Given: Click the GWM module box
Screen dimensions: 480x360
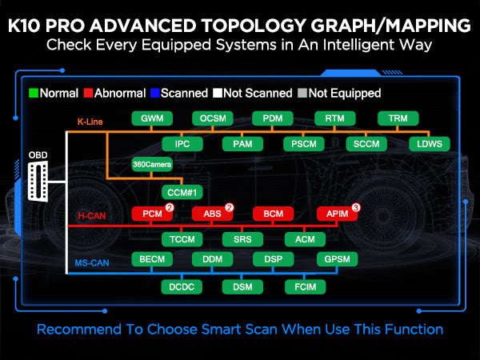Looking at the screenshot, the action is pos(152,118).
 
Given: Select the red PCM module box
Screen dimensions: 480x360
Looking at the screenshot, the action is pos(152,214).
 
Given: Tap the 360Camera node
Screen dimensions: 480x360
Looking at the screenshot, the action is pos(152,164).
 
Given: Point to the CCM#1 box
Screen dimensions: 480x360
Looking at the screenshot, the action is pos(182,193).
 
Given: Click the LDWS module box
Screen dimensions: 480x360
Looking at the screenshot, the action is pos(430,144).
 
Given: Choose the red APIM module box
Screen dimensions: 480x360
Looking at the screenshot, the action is pos(337,214).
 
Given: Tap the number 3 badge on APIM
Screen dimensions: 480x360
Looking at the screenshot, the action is pos(356,207).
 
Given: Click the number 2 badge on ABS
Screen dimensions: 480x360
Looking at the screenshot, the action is pos(230,207).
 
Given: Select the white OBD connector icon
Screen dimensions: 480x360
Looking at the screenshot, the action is pos(38,182).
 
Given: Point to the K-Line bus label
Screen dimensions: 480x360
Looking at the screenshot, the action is pos(90,122).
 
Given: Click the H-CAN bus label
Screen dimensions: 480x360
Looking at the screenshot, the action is pos(92,216).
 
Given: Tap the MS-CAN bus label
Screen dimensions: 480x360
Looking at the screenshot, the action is pos(92,263).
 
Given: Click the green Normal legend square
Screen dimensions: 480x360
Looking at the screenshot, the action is pos(34,93).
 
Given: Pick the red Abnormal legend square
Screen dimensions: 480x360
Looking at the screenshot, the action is pos(88,93).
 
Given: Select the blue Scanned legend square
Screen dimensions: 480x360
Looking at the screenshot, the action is pos(155,93).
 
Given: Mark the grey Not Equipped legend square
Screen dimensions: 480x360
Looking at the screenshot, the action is pos(302,93).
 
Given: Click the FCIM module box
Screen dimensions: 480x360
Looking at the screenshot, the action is pos(306,287).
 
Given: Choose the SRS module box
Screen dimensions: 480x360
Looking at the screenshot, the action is pos(242,239).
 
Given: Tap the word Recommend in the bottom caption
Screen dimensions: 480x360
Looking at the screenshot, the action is pos(79,330).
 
